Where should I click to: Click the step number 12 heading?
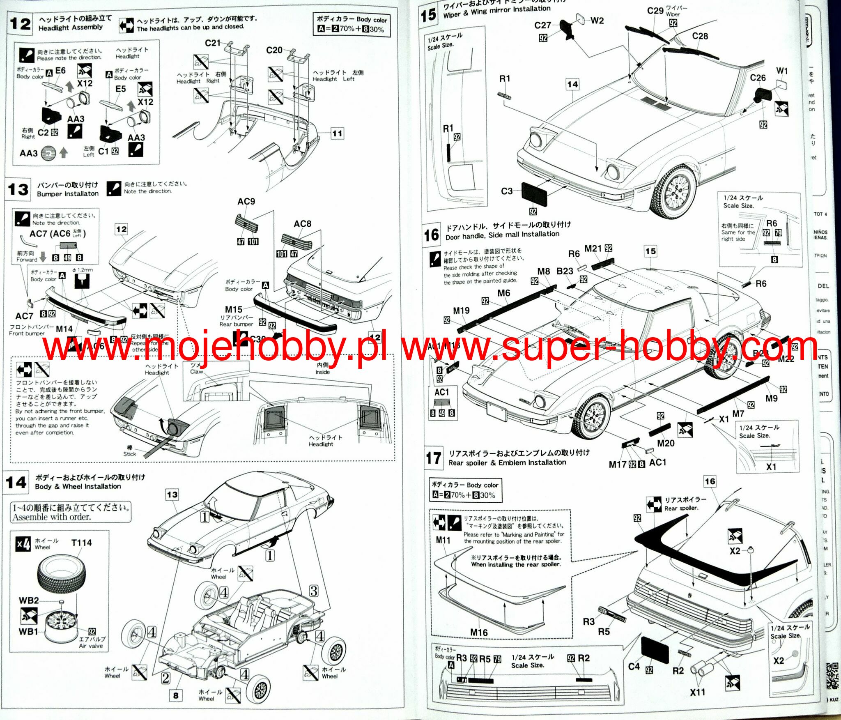[x=20, y=24]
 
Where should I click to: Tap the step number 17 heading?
[x=434, y=458]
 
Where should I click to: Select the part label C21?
[x=213, y=43]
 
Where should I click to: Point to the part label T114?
[x=81, y=543]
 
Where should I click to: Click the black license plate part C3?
[x=534, y=194]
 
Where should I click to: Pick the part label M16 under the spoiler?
[x=479, y=632]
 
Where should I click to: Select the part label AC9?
[x=246, y=201]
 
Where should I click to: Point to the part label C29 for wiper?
[x=655, y=11]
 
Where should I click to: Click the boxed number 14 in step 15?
[x=572, y=85]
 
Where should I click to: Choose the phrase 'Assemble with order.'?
[x=52, y=517]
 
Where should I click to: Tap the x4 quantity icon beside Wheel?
[x=23, y=544]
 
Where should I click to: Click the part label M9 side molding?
[x=771, y=398]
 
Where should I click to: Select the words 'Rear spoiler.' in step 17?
[x=681, y=508]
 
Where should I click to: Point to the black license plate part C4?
[x=655, y=651]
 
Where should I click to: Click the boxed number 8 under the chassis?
[x=176, y=695]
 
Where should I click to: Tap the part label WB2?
[x=29, y=600]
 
